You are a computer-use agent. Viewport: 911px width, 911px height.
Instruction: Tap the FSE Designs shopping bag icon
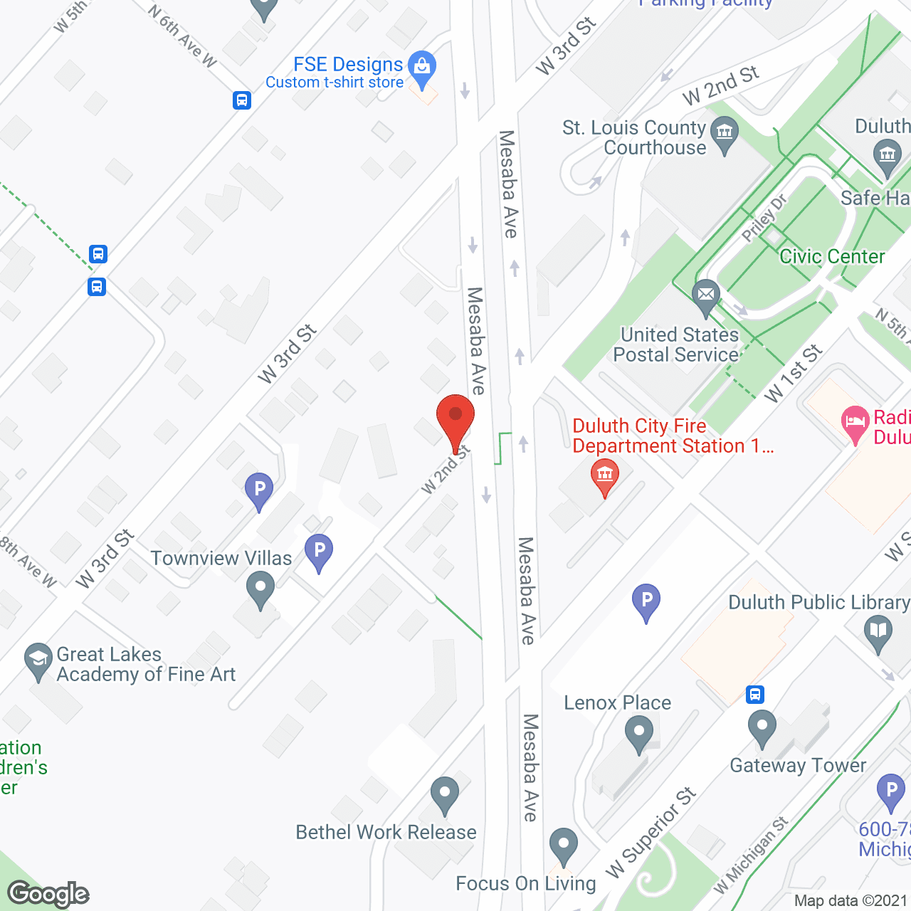(422, 67)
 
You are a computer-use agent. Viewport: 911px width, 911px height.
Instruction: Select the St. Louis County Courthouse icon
(725, 133)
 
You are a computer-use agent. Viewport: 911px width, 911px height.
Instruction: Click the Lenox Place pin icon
(638, 732)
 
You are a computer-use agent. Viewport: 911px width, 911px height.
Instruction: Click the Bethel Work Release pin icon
(445, 793)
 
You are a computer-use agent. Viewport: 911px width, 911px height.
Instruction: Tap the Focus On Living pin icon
(564, 845)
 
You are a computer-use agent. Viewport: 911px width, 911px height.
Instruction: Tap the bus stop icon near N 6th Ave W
(241, 100)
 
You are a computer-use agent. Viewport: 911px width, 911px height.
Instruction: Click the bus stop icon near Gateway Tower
(754, 694)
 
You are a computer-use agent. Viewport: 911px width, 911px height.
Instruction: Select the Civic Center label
(832, 256)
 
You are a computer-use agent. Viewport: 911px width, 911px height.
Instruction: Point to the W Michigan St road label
(751, 854)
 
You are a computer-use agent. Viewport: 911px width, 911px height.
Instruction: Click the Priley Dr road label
(764, 218)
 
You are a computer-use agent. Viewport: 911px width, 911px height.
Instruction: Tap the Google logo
(48, 893)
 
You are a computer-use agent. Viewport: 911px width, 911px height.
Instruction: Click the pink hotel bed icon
(855, 423)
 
